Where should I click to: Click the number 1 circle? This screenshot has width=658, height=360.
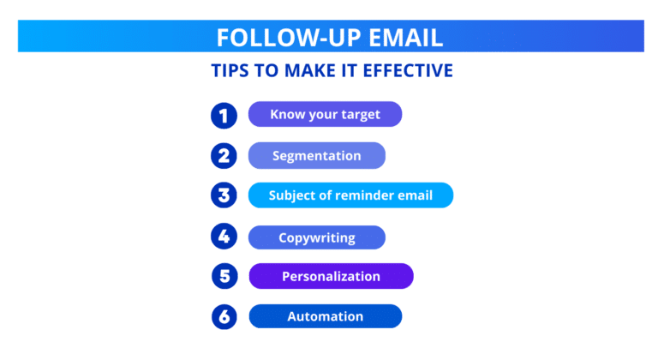point(224,115)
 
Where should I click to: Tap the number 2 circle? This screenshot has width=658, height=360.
point(224,155)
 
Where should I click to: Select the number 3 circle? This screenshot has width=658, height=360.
point(224,195)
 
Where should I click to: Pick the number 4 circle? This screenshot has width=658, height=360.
point(224,236)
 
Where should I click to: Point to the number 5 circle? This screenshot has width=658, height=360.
point(224,276)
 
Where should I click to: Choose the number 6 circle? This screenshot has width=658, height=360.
point(224,316)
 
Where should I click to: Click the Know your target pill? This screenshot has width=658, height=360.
point(325,114)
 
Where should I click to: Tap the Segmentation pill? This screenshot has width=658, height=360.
point(316,155)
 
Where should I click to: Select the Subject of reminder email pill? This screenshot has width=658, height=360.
point(350,195)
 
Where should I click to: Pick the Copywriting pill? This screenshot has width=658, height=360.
point(316,237)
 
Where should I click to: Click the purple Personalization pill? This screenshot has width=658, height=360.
point(331,276)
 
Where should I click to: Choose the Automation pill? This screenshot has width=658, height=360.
point(325,316)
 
